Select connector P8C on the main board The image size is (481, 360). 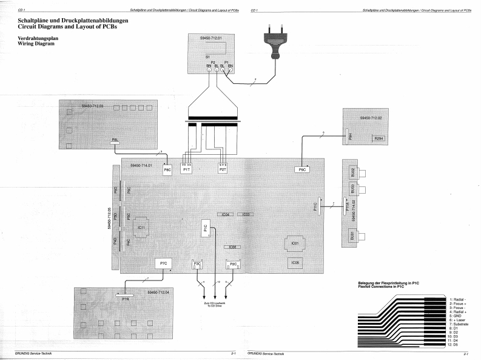[167, 171]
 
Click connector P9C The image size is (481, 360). [302, 171]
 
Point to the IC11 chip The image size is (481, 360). [141, 227]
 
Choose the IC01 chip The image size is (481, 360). [295, 243]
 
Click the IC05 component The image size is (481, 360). [295, 263]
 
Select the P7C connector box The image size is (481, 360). [163, 263]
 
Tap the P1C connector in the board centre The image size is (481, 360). [206, 228]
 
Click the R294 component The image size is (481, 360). [379, 138]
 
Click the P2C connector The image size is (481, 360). [233, 264]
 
